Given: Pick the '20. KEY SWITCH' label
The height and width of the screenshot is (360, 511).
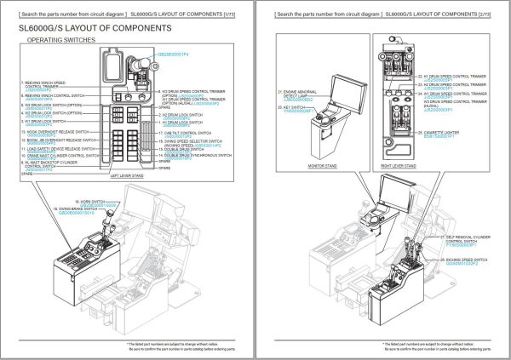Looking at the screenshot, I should tap(292, 108).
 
